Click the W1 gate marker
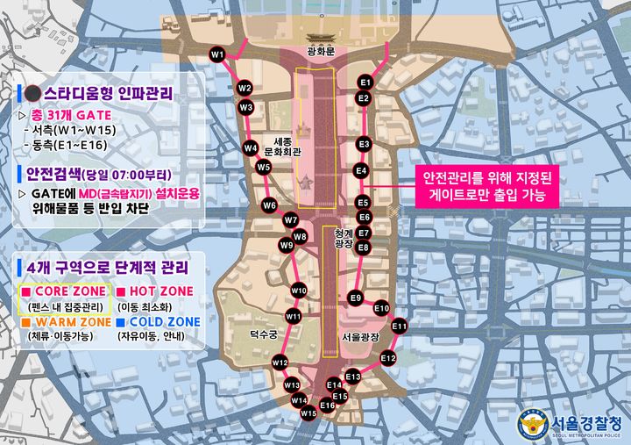(216, 55)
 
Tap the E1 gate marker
(366, 82)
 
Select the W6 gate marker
(269, 205)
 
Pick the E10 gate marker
(381, 308)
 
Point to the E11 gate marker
(400, 327)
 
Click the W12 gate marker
(280, 362)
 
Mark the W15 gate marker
(308, 413)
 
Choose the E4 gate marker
(360, 170)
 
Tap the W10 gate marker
(299, 291)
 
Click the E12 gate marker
(388, 358)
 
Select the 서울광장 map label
(359, 336)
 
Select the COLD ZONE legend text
(160, 322)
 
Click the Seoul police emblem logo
(533, 424)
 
